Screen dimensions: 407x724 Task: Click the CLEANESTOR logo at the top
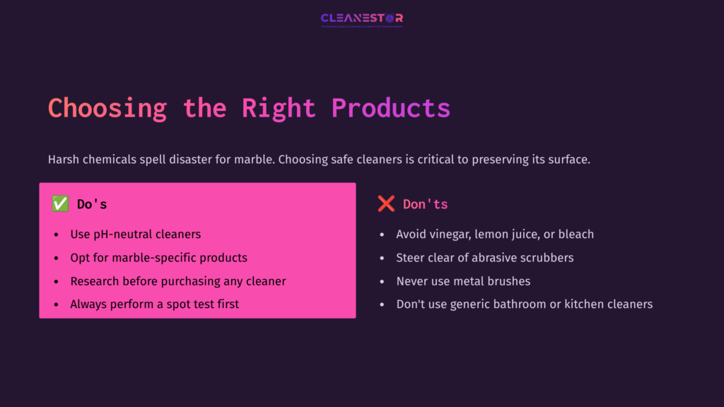[x=361, y=18]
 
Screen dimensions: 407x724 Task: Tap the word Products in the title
[x=391, y=108]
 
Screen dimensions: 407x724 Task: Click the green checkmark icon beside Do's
[x=60, y=204]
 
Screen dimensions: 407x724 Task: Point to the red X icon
[x=386, y=204]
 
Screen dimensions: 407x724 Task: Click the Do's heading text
[x=92, y=204]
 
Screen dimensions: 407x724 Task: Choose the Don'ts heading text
[x=425, y=204]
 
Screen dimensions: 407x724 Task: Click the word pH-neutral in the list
[x=124, y=234]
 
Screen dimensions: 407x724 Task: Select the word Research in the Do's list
[x=96, y=281]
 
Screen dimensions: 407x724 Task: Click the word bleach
[x=576, y=234]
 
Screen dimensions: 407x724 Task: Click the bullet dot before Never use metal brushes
[x=383, y=282]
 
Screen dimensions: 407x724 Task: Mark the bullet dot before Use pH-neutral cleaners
[x=57, y=235]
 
